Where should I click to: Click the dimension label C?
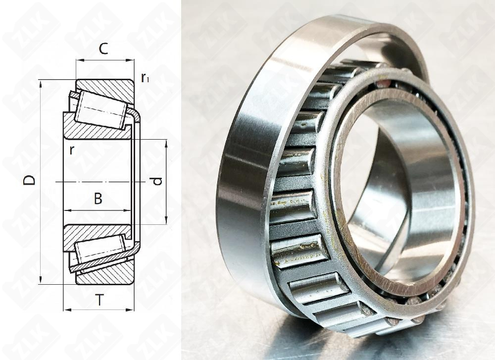(x=104, y=49)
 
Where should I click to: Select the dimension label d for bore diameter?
(x=157, y=181)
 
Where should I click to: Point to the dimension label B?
(x=98, y=199)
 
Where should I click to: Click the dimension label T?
(x=100, y=299)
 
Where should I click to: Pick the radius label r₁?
(x=145, y=78)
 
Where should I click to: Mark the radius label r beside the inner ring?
(x=72, y=150)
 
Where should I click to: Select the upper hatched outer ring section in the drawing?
(x=106, y=89)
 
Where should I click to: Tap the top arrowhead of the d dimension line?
(x=165, y=143)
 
